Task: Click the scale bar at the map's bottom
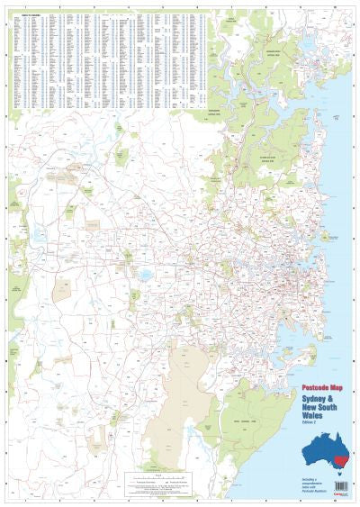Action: pos(158,475)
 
